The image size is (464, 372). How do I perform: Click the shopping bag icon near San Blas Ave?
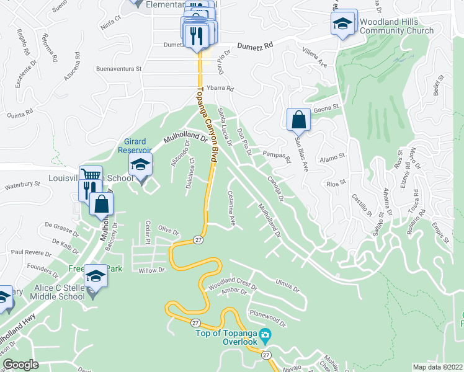tap(298, 119)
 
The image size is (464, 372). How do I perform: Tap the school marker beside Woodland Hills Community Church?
tap(342, 25)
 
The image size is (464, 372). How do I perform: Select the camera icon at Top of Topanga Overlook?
tap(265, 336)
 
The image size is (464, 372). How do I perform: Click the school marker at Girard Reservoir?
tap(140, 165)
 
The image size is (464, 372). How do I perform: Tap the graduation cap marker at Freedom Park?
tap(96, 275)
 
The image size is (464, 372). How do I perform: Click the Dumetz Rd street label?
tap(253, 46)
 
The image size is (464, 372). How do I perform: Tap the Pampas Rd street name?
tap(277, 155)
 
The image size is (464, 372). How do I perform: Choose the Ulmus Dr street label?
tap(287, 289)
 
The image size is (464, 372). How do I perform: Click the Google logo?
tap(20, 365)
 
